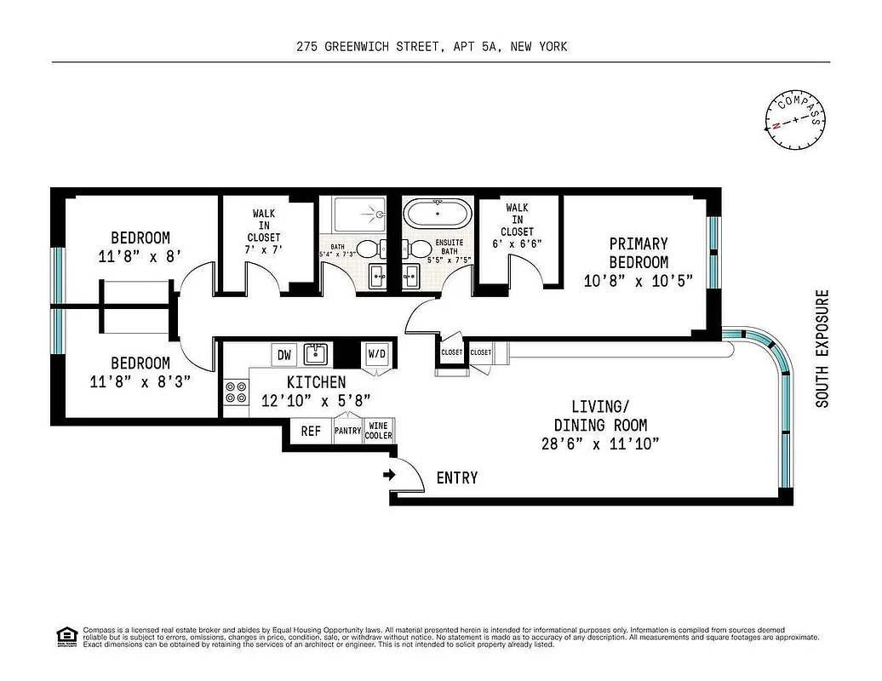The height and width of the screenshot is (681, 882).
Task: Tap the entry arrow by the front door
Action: point(390,475)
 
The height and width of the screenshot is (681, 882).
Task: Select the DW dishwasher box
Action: point(283,354)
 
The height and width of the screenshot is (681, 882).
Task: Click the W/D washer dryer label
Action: point(376,353)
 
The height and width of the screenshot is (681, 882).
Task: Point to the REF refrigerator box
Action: point(312,432)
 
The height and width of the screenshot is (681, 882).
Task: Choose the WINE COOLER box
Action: point(379,431)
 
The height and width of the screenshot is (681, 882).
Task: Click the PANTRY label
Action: point(347,432)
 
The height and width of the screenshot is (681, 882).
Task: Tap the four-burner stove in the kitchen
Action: point(236,392)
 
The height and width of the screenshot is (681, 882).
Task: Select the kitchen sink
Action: point(317,353)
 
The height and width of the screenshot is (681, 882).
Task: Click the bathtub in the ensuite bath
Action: point(437,213)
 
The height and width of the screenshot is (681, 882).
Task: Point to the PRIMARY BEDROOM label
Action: point(639,253)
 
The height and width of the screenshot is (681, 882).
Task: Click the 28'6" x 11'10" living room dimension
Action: point(600,444)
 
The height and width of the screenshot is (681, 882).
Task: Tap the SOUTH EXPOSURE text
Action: point(822,349)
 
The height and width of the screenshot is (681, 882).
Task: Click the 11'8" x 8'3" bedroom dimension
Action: point(140,382)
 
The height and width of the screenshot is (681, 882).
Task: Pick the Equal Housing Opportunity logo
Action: point(66,635)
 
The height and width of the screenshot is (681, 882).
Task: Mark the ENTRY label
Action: point(457,478)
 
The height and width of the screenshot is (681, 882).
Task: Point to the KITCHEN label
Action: point(316,382)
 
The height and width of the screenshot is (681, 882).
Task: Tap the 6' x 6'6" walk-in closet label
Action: point(518,243)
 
